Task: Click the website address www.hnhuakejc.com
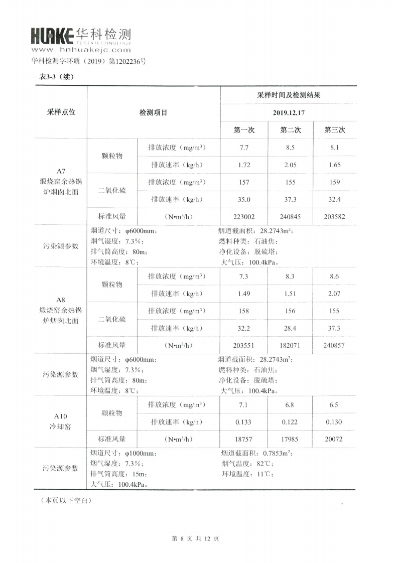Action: pyautogui.click(x=81, y=50)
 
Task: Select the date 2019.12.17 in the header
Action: pyautogui.click(x=288, y=112)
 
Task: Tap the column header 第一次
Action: pyautogui.click(x=244, y=130)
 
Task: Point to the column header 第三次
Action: pyautogui.click(x=334, y=130)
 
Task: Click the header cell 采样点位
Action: pyautogui.click(x=61, y=112)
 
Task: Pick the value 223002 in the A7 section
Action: pyautogui.click(x=244, y=217)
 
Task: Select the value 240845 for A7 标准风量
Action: pyautogui.click(x=290, y=217)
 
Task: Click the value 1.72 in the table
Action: pyautogui.click(x=244, y=165)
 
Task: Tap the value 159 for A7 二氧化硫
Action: pyautogui.click(x=334, y=182)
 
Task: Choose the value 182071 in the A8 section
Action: pyautogui.click(x=290, y=345)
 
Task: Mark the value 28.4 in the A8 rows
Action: pyautogui.click(x=290, y=328)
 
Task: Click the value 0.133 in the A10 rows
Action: pyautogui.click(x=244, y=422)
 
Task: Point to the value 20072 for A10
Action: pyautogui.click(x=334, y=439)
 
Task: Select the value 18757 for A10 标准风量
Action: pyautogui.click(x=244, y=439)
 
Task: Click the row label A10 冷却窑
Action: pyautogui.click(x=61, y=421)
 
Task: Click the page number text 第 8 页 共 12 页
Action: pyautogui.click(x=199, y=538)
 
